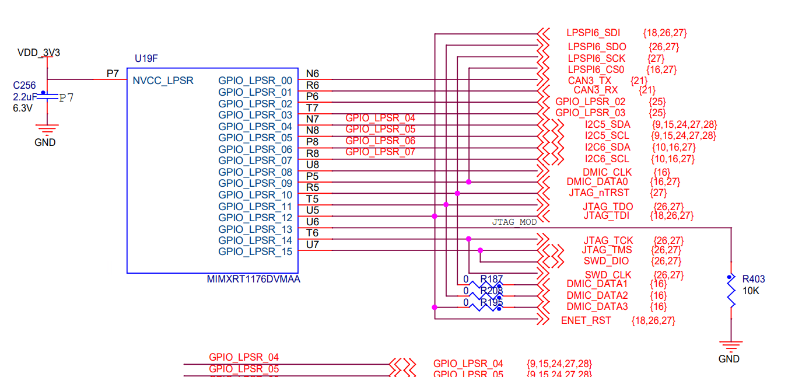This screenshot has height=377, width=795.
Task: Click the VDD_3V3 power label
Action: [38, 53]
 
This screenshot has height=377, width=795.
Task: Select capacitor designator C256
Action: [24, 85]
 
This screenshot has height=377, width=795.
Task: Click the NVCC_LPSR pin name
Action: [163, 81]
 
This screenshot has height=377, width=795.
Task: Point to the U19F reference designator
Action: [146, 59]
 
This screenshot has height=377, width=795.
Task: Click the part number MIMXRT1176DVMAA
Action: [254, 280]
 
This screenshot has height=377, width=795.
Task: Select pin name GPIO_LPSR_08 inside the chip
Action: [255, 172]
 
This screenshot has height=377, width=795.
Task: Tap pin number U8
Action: [312, 165]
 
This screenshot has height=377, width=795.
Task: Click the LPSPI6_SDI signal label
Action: [593, 34]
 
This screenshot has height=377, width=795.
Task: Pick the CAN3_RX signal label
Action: [596, 90]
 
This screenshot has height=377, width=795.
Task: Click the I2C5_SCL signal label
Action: [607, 135]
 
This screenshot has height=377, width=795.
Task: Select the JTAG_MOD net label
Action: [514, 222]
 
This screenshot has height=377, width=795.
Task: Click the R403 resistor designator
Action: [754, 279]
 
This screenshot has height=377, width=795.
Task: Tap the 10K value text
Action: [751, 290]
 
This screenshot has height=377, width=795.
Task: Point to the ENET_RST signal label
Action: [586, 320]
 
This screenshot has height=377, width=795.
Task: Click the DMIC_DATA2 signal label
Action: [597, 295]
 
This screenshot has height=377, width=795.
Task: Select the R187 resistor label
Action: [491, 279]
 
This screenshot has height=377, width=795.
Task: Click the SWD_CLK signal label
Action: [608, 275]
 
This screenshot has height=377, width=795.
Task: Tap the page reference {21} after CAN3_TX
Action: [639, 79]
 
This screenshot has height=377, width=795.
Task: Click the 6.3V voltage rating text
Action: [23, 108]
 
